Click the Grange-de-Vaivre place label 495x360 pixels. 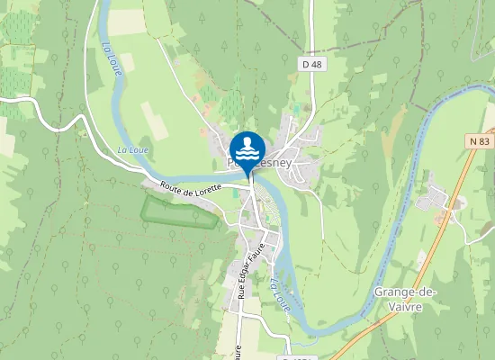coord(398,298)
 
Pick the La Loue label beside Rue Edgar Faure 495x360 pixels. coord(281,292)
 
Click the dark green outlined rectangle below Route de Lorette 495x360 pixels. coord(179,211)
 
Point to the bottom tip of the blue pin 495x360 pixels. coord(247,174)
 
